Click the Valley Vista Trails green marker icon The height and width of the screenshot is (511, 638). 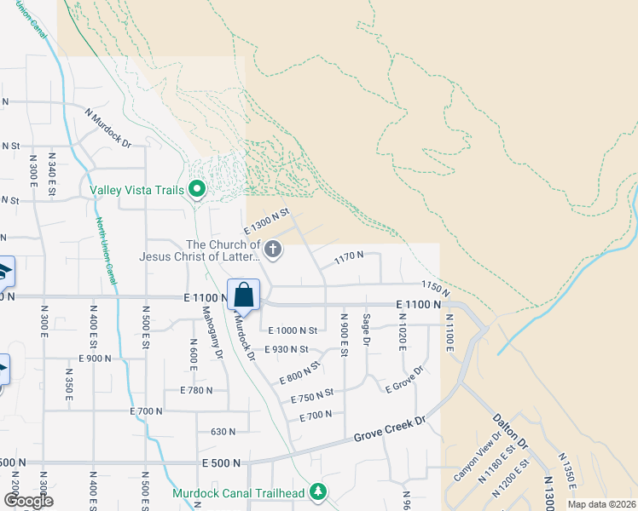(x=198, y=188)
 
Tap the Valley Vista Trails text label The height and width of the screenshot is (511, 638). (x=136, y=189)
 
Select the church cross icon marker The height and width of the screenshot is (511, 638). (x=273, y=250)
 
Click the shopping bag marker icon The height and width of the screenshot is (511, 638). (x=243, y=295)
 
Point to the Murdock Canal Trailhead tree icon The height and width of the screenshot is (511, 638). (x=318, y=492)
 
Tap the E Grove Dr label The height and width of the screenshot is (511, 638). (x=404, y=381)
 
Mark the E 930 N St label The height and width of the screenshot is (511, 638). (x=287, y=349)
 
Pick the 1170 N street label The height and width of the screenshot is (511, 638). (x=349, y=255)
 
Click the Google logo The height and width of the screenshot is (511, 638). (x=29, y=500)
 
